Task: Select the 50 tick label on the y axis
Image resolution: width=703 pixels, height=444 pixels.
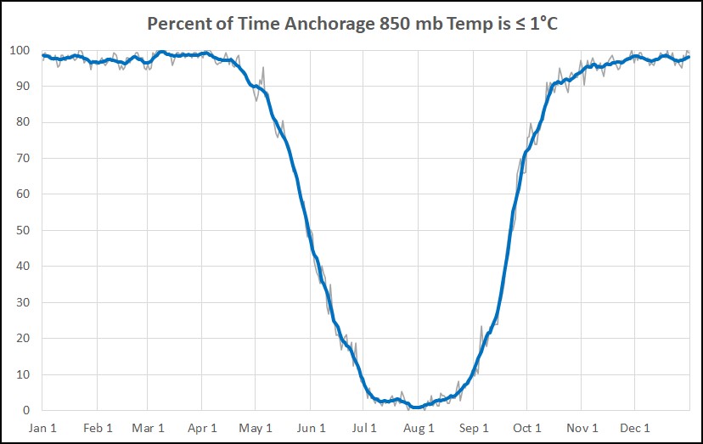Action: coord(26,230)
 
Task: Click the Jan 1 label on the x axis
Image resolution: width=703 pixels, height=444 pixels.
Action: coord(43,428)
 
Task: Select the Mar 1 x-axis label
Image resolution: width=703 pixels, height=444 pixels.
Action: coord(149,428)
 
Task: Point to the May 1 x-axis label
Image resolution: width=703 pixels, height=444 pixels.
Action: coord(256,428)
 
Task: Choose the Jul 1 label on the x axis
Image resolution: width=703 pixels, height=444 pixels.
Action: coord(365,428)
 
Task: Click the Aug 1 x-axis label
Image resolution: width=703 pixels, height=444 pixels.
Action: coord(419,428)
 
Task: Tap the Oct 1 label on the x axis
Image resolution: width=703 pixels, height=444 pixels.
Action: coord(527,428)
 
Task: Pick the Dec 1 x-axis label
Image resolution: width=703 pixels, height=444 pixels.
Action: coord(635,428)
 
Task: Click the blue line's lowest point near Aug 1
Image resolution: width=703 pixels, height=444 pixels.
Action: coord(416,407)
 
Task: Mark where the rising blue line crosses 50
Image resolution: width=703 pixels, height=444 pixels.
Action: coord(511,230)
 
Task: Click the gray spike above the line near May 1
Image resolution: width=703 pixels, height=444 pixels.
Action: coord(263,67)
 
